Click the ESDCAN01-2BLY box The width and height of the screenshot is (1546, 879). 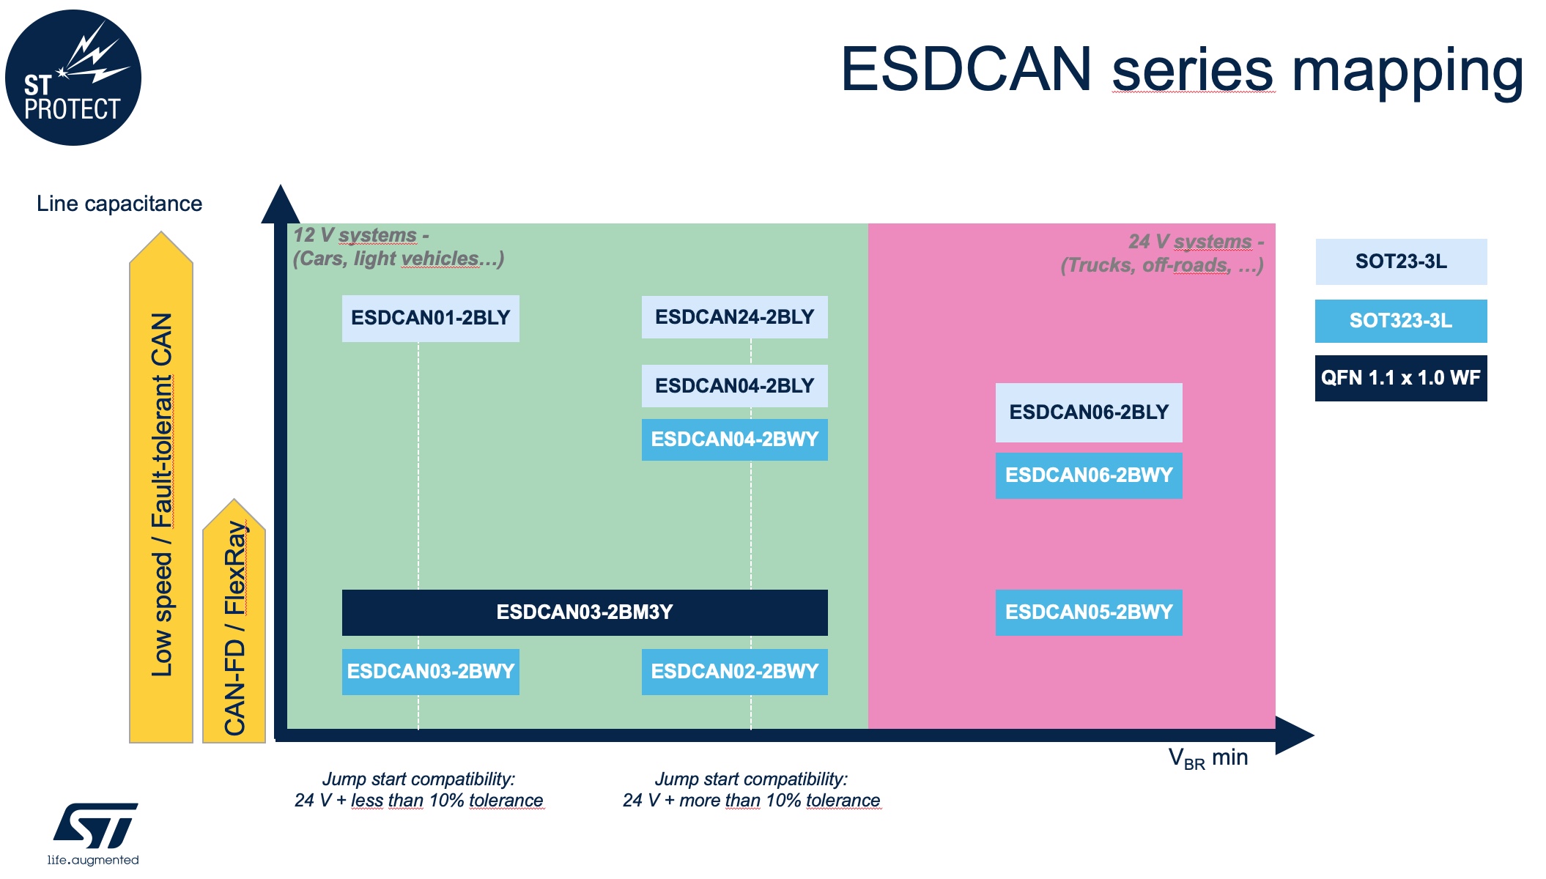coord(430,318)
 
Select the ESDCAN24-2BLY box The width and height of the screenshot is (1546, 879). coord(734,317)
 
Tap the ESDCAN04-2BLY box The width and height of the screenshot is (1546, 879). coord(734,386)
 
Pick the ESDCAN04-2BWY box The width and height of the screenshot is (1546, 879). coord(734,439)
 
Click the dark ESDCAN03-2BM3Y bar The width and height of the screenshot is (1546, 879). coord(584,612)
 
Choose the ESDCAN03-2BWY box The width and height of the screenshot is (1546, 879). coord(430,672)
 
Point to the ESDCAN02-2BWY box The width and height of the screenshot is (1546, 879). coord(734,672)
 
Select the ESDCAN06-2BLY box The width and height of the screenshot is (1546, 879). coord(1088,412)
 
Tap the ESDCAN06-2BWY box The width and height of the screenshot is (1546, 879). coord(1088,475)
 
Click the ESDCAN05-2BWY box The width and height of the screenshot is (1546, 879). coord(1088,612)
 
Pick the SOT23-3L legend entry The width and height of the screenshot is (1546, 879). coord(1400,262)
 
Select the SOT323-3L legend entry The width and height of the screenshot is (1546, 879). coord(1400,321)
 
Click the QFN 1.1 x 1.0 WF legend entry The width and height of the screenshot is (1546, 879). coord(1400,378)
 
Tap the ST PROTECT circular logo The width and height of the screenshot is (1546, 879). coord(73,78)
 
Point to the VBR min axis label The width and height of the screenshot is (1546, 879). coord(1207,758)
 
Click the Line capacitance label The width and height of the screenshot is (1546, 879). coord(119,204)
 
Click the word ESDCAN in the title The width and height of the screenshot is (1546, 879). coord(966,70)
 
